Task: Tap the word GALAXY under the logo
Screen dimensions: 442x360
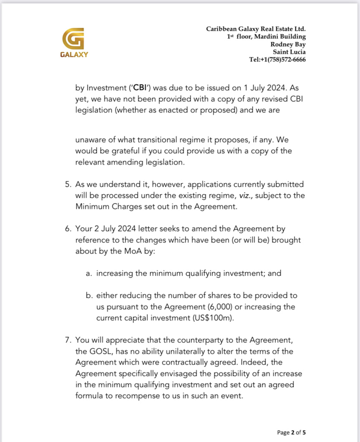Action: [74, 54]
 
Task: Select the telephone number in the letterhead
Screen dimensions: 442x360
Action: [278, 60]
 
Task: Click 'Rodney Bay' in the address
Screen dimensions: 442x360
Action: [288, 44]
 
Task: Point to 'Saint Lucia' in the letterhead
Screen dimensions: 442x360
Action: [289, 52]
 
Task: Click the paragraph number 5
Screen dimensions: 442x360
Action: [68, 184]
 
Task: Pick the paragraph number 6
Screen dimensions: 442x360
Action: [68, 228]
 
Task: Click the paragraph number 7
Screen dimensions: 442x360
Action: [68, 340]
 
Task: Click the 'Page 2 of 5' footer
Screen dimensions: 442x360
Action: [291, 432]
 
